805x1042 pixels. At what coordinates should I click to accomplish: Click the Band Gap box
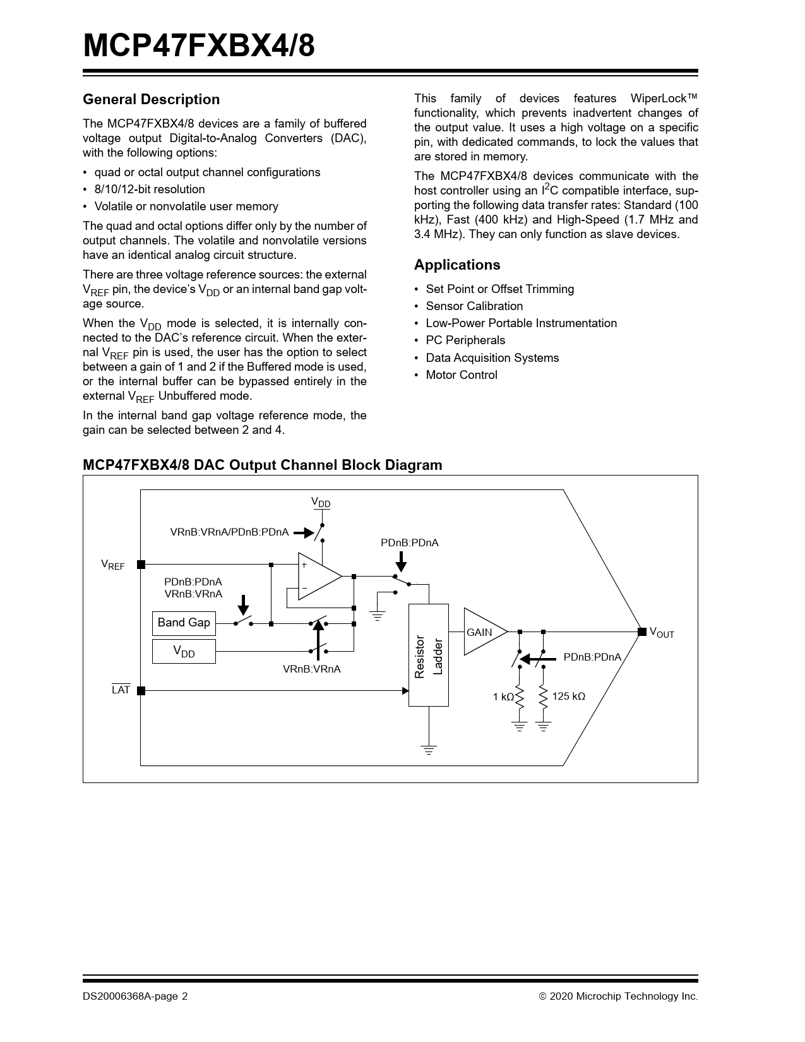click(x=184, y=623)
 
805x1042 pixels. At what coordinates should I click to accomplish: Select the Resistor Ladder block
click(x=429, y=655)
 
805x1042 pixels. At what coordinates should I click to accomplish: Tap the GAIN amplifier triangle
click(x=482, y=632)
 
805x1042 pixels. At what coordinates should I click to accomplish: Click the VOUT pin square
click(x=641, y=632)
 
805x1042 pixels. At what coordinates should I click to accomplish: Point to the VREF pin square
click(x=141, y=564)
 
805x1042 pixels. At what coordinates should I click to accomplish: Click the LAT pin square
click(x=141, y=691)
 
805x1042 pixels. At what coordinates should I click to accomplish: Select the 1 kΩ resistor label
click(x=503, y=697)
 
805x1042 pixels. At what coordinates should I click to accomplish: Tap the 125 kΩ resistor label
click(x=568, y=696)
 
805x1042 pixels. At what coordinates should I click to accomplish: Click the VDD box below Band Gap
click(x=184, y=652)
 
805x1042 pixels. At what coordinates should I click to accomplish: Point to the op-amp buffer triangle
click(x=318, y=576)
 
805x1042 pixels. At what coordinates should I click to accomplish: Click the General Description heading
click(x=152, y=100)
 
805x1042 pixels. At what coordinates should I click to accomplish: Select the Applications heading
click(x=457, y=265)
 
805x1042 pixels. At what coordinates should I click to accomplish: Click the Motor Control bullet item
click(x=462, y=375)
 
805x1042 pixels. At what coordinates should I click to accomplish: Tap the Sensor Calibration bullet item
click(x=474, y=306)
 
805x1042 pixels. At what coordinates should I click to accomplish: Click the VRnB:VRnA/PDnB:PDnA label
click(x=229, y=532)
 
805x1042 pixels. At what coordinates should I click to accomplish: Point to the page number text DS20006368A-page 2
click(x=135, y=997)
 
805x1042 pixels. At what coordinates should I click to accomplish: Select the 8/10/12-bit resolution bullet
click(x=150, y=189)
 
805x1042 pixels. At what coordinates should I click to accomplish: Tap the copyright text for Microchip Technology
click(x=618, y=997)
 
